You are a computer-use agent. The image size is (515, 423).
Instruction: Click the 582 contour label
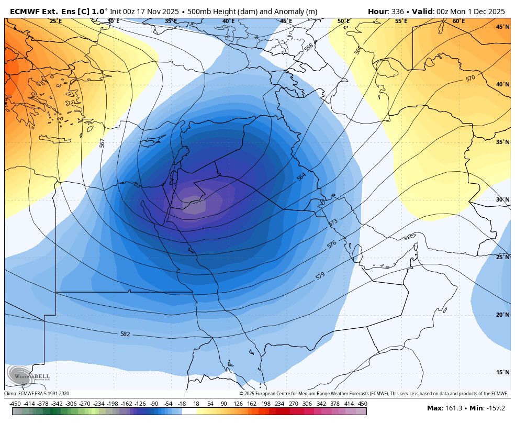125,334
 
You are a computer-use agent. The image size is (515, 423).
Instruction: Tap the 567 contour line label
102,142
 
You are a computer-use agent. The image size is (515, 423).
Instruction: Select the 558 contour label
309,47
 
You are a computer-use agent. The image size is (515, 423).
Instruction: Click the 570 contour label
470,79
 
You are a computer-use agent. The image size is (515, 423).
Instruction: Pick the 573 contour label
333,222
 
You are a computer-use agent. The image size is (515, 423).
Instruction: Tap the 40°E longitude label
228,21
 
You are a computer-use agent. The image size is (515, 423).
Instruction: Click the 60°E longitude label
458,21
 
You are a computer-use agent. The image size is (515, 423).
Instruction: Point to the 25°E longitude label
55,21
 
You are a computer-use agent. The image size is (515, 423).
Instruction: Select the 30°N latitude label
502,200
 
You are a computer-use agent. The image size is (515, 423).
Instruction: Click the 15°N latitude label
502,373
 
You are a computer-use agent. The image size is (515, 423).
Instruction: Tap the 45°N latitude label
502,27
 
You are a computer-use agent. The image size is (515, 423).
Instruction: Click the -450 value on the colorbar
15,404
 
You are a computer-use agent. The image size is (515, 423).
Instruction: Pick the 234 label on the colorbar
280,404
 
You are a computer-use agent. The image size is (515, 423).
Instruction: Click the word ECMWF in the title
24,11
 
